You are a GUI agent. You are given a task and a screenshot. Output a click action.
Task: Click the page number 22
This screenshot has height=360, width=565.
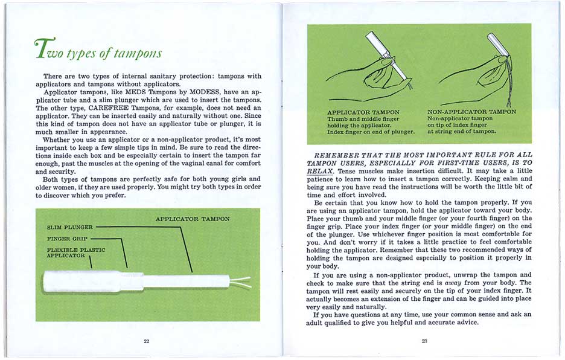(147, 341)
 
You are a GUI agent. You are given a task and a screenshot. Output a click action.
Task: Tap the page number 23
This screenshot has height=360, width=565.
(424, 341)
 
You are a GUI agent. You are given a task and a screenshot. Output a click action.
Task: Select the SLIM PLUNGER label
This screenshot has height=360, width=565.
(70, 227)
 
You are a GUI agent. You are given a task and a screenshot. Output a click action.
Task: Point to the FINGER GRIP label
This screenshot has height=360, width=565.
(66, 239)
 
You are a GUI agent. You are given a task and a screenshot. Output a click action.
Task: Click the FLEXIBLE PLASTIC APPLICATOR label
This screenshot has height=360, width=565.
(75, 252)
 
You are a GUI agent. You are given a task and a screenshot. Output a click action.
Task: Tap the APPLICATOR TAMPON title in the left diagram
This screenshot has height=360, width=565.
(193, 219)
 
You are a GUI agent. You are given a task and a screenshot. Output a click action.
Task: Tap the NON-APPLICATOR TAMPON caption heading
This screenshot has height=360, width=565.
(471, 112)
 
